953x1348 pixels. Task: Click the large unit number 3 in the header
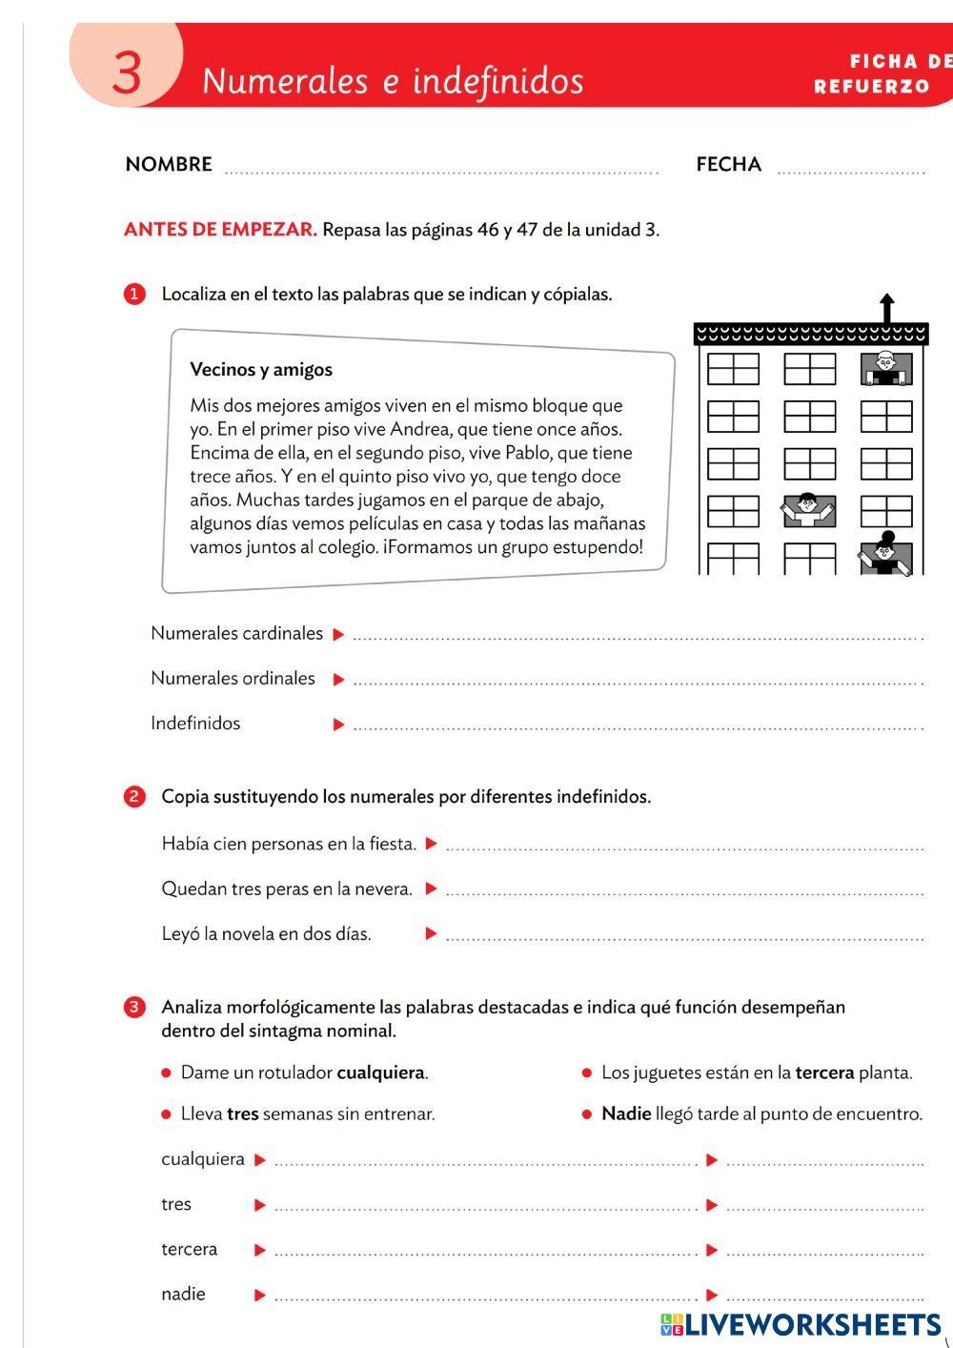click(x=127, y=72)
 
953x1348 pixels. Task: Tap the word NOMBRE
click(x=169, y=164)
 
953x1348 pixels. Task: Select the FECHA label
click(x=728, y=164)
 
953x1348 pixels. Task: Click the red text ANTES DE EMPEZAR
click(x=220, y=230)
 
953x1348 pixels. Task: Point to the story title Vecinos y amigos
click(x=261, y=369)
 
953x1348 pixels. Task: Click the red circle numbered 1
click(x=134, y=294)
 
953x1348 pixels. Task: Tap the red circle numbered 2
click(x=134, y=796)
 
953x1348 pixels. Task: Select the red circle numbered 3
click(x=134, y=1007)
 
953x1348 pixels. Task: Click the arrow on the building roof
click(x=887, y=308)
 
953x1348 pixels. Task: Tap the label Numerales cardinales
click(x=236, y=633)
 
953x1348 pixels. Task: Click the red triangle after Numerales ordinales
click(x=338, y=680)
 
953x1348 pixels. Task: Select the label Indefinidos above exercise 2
click(x=195, y=723)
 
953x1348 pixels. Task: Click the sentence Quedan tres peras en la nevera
click(x=287, y=888)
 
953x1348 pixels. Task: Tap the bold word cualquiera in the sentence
click(x=380, y=1072)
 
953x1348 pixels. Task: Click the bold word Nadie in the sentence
click(x=626, y=1113)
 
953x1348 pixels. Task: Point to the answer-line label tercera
click(x=189, y=1249)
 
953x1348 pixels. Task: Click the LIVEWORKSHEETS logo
click(x=800, y=1324)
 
